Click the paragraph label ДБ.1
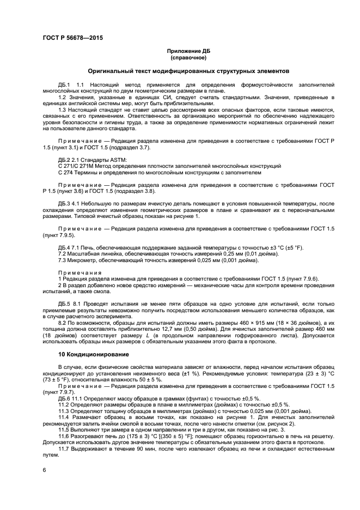pyautogui.click(x=64, y=85)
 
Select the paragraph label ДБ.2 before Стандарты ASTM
pyautogui.click(x=64, y=159)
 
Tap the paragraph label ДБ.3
pyautogui.click(x=64, y=203)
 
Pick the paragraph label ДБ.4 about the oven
pyautogui.click(x=64, y=248)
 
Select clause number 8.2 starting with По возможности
pyautogui.click(x=62, y=323)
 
